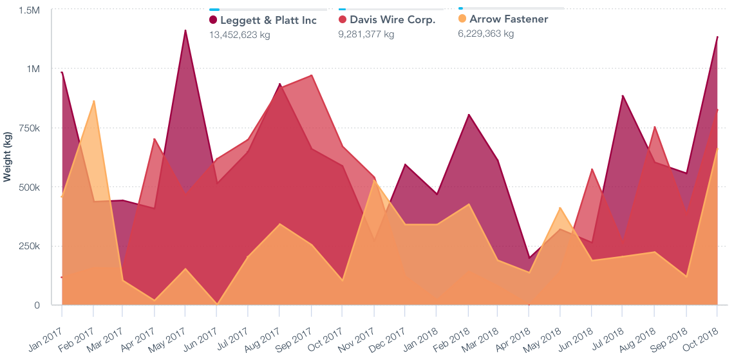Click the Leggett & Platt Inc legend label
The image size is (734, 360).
pos(268,20)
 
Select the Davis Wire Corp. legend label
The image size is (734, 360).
pos(392,19)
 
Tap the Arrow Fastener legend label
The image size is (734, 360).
pos(509,19)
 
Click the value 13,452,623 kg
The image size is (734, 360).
pos(240,35)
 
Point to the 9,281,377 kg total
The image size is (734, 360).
pos(366,34)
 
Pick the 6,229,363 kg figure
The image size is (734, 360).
pos(485,33)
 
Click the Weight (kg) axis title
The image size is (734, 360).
pos(8,154)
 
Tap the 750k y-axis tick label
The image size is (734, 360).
pos(28,128)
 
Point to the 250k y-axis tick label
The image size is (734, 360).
pos(28,246)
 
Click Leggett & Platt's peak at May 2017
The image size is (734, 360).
pos(185,30)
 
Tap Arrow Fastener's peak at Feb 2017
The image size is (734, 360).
pos(94,101)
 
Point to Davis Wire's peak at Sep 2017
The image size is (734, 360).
pos(312,75)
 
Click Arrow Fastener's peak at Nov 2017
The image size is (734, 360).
pos(374,181)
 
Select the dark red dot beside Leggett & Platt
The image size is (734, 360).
pos(213,20)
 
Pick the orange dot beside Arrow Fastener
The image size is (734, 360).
pos(462,19)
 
